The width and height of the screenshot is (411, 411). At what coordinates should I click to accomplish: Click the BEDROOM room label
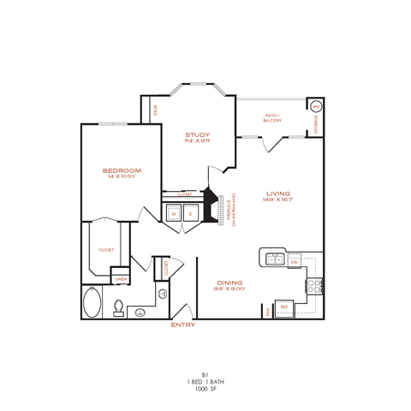(122, 170)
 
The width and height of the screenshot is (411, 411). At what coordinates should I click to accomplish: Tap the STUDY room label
(198, 134)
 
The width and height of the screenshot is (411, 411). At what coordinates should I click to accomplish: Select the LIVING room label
(276, 194)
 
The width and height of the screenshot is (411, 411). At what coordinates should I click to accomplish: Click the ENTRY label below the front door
(183, 325)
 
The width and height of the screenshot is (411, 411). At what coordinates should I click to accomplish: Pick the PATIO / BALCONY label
(273, 118)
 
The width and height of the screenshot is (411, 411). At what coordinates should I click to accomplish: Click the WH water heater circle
(315, 107)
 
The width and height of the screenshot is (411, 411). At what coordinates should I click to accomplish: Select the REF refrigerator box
(284, 307)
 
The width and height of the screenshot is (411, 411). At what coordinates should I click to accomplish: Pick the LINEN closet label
(121, 279)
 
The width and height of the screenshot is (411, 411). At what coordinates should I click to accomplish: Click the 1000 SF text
(205, 390)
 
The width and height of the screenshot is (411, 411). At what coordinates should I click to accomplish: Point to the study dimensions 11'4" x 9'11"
(198, 142)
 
